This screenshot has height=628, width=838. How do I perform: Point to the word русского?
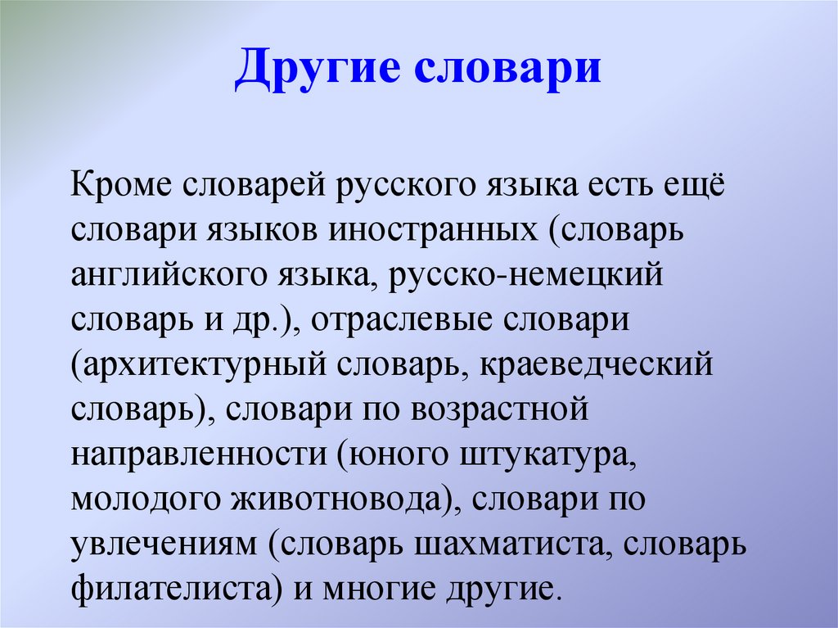(394, 184)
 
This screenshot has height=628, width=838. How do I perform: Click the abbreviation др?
(260, 319)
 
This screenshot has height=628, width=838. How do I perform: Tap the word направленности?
(196, 454)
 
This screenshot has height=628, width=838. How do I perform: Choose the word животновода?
(317, 499)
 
